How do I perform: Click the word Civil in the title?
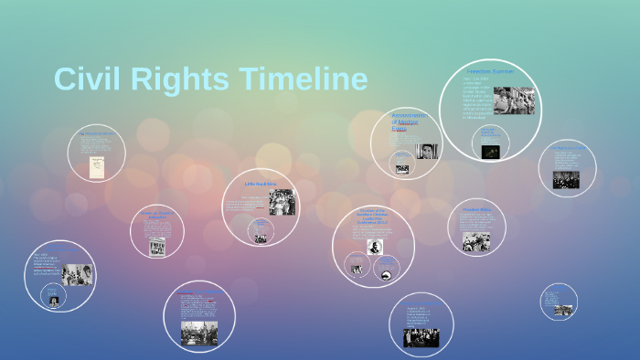coord(88,79)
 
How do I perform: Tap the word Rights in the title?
coord(176,79)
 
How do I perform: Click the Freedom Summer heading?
coord(490,70)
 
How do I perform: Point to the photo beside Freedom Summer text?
coord(513,101)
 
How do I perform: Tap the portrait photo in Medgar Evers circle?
coord(425,151)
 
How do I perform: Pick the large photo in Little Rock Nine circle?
coord(281,202)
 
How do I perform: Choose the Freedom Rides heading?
coord(476,210)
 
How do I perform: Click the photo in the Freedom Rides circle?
coord(475,242)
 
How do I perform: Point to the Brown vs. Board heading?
coord(156,216)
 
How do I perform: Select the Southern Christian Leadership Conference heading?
coord(372,216)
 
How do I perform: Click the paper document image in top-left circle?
coord(96,167)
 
